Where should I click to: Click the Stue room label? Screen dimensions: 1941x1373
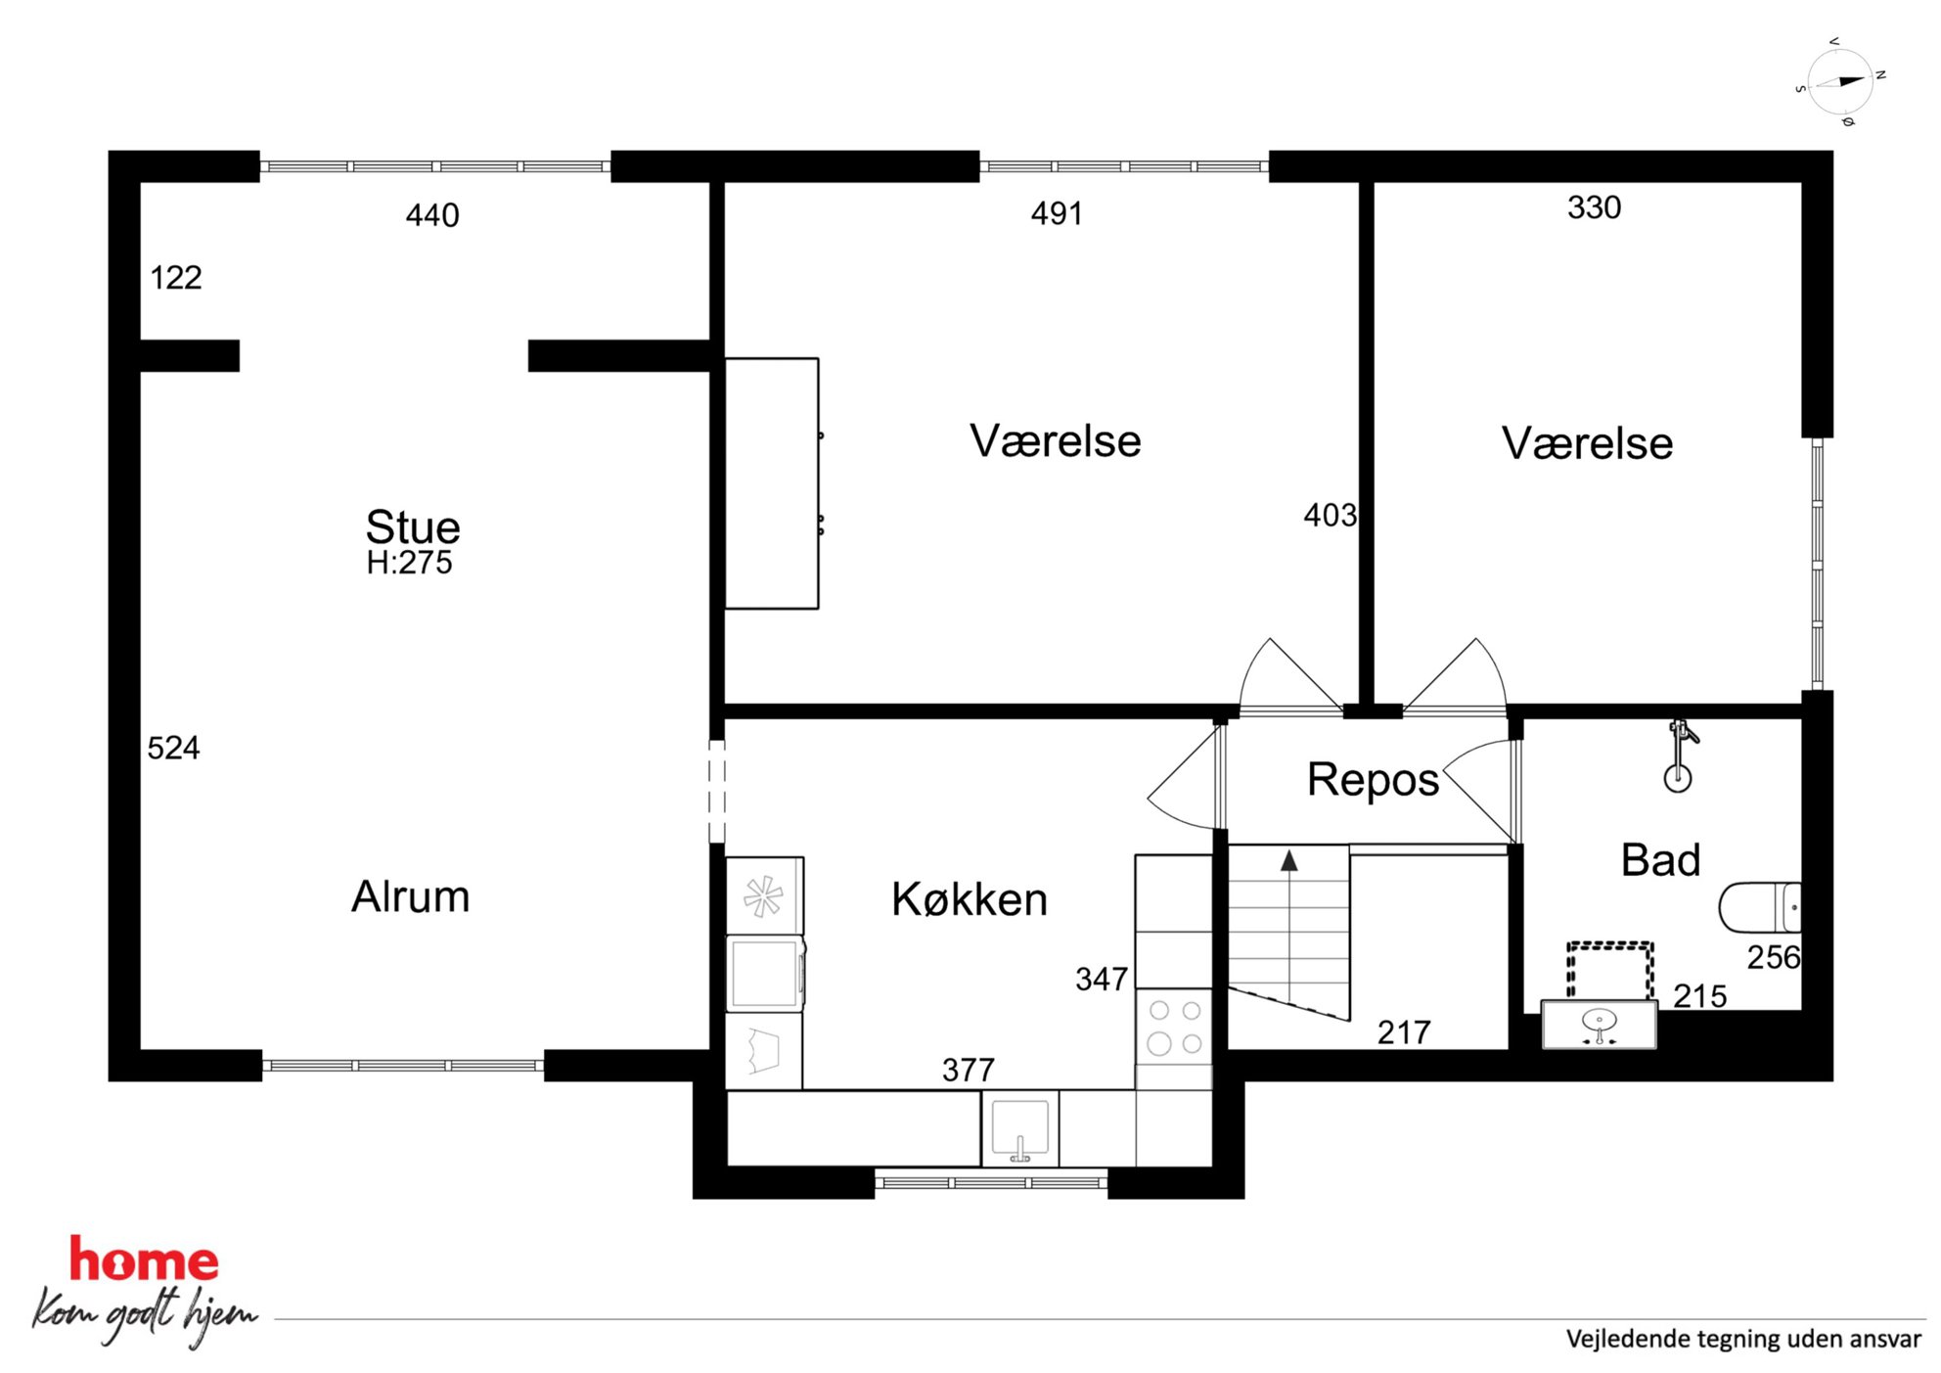pos(413,527)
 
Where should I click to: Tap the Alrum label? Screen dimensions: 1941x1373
pos(411,896)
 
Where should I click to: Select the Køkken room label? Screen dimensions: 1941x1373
pos(970,899)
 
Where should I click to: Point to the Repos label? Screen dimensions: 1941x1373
pos(1374,781)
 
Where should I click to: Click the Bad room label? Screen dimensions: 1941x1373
pos(1661,860)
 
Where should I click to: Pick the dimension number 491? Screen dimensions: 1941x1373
pos(1057,213)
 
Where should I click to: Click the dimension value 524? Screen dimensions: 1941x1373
pos(173,749)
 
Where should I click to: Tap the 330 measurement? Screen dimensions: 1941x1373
pos(1595,207)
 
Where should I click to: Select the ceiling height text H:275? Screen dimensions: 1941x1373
pos(410,563)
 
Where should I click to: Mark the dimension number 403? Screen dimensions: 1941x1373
pos(1331,516)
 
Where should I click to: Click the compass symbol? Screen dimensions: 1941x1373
pos(1840,82)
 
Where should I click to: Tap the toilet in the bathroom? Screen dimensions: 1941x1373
pos(1760,907)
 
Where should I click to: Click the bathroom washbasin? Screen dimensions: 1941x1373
pos(1600,1025)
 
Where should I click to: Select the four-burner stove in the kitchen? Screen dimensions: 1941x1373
pos(1174,1027)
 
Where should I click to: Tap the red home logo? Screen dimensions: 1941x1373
pos(144,1260)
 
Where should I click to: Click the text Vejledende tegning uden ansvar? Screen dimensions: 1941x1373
pos(1743,1339)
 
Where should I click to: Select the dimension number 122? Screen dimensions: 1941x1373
pos(176,278)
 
